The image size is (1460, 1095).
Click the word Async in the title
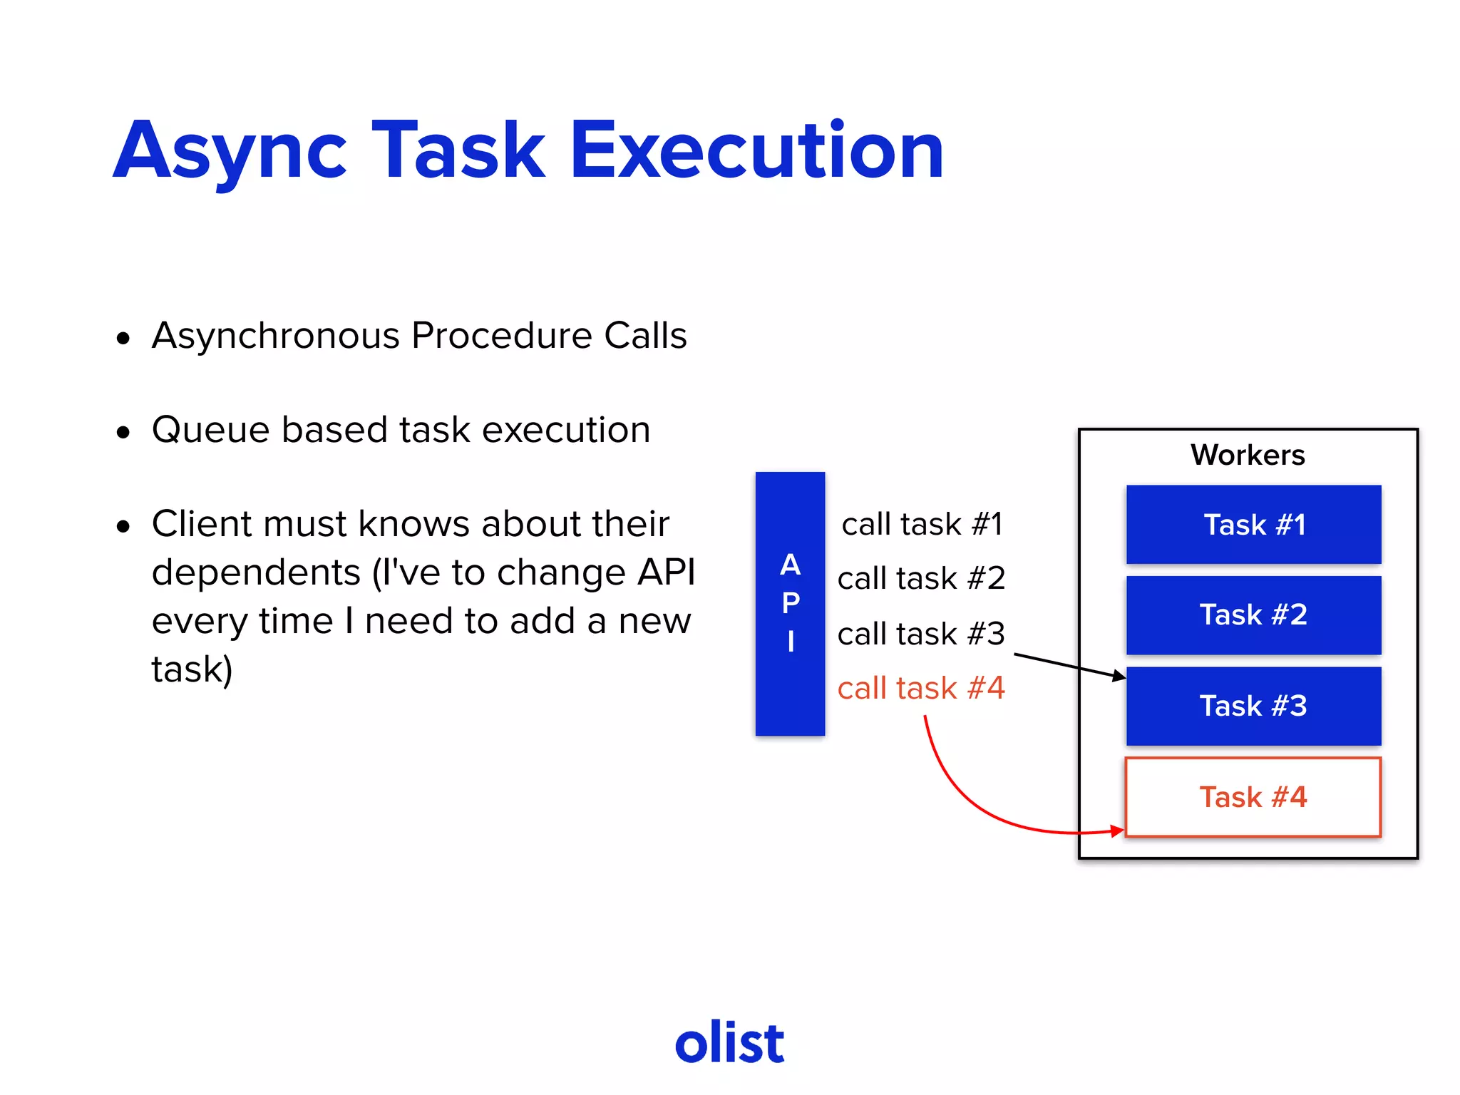point(230,151)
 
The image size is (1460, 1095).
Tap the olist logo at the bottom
point(729,1043)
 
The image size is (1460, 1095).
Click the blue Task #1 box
point(1253,525)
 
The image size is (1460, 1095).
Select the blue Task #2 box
point(1253,615)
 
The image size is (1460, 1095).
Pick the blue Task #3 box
point(1253,706)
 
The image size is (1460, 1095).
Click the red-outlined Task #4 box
point(1253,797)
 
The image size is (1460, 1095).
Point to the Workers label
point(1248,455)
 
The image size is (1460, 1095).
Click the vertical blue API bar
point(790,603)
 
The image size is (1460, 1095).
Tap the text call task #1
point(922,525)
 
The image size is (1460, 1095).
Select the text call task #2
point(921,578)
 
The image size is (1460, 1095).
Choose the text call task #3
point(921,634)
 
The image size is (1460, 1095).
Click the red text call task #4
point(921,689)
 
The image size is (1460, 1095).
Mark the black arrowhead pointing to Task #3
point(1119,676)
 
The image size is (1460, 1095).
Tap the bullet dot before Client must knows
point(124,527)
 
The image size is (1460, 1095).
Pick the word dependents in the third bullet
point(256,572)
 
